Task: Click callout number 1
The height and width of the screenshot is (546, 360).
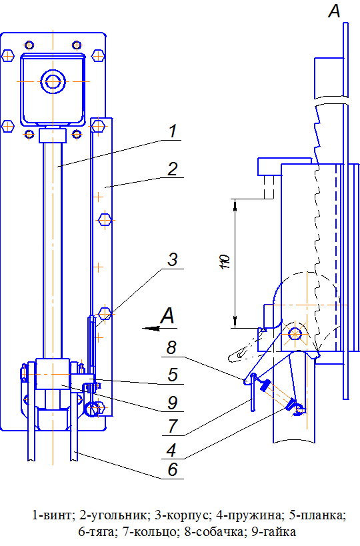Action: tap(173, 131)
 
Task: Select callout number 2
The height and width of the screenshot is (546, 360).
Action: tap(173, 169)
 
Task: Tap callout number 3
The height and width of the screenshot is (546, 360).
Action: tap(173, 259)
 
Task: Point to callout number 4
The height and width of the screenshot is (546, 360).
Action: tap(171, 450)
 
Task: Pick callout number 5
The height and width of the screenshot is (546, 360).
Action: tap(173, 375)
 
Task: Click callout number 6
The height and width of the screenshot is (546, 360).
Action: tap(173, 469)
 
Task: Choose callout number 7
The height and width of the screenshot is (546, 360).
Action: tap(173, 425)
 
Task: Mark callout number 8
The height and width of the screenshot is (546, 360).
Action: tap(171, 347)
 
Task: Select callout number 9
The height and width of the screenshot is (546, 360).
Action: tap(173, 403)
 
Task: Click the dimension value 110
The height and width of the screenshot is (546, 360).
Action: tap(225, 261)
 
